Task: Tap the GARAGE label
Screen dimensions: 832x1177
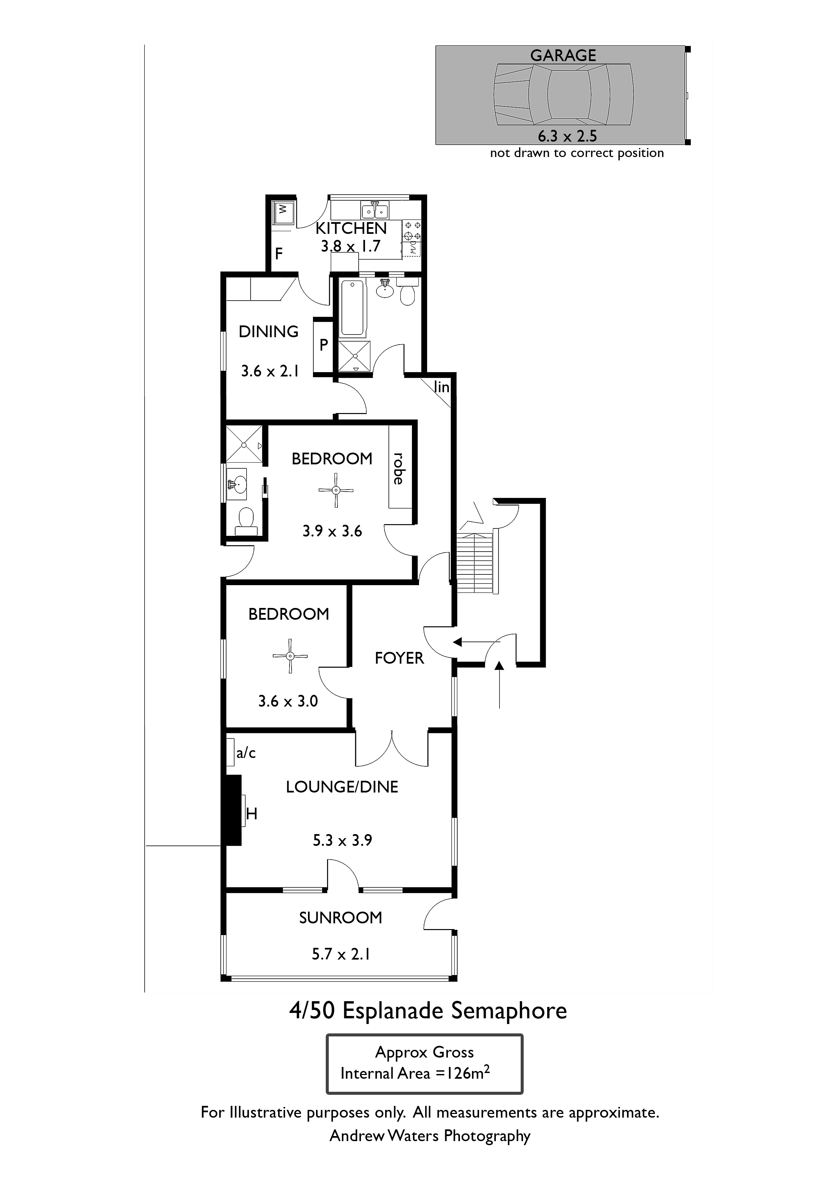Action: tap(563, 55)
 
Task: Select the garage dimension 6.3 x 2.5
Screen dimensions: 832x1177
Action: tap(567, 136)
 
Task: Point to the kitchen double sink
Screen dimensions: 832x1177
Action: tap(375, 210)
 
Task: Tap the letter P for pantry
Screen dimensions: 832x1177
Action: tap(323, 345)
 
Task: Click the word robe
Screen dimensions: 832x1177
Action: tap(398, 468)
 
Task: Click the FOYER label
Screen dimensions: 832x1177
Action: tap(399, 658)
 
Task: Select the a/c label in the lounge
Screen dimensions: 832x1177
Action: tap(246, 753)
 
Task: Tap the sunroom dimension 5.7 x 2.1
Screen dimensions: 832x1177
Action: tap(341, 954)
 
